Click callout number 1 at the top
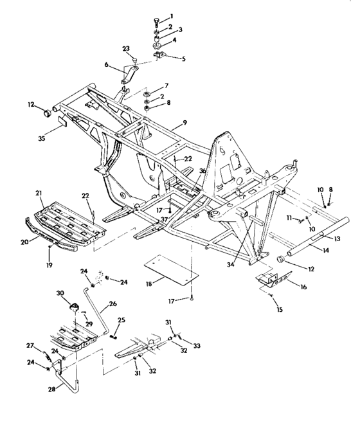tap(170, 16)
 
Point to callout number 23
tap(126, 49)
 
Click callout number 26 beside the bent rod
tap(113, 305)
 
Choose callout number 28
tap(51, 389)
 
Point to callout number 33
tap(197, 346)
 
